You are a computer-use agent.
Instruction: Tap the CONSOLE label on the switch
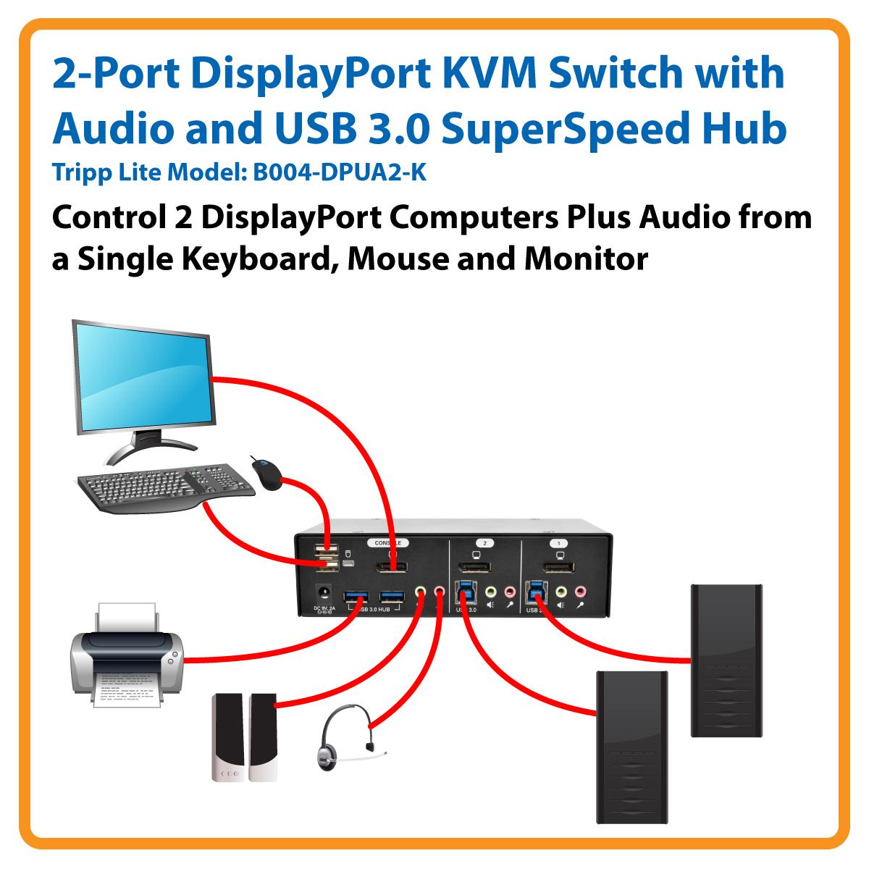pos(388,542)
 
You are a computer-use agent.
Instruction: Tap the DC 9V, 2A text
pos(323,608)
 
